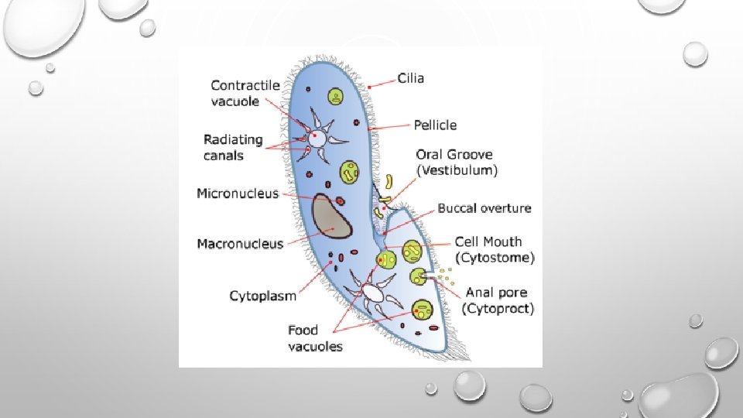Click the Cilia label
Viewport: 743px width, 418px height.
point(411,78)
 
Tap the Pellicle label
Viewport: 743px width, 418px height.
point(435,125)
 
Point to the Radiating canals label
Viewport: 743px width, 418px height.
point(233,148)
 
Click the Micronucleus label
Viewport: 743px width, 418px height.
point(238,194)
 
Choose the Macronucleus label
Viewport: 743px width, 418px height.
point(240,244)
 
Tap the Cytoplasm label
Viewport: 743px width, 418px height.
point(263,296)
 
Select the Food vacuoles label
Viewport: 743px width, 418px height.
point(315,338)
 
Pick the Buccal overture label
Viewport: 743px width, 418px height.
point(484,208)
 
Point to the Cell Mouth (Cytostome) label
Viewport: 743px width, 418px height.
point(494,249)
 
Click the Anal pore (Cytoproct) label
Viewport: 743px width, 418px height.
point(498,300)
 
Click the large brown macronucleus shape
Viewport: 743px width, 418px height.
point(330,216)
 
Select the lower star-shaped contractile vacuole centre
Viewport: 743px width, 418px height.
point(374,293)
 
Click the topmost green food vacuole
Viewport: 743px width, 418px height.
point(335,97)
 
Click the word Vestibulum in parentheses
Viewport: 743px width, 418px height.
point(457,170)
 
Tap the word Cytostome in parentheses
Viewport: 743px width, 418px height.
point(494,257)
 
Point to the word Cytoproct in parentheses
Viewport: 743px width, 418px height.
point(498,309)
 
